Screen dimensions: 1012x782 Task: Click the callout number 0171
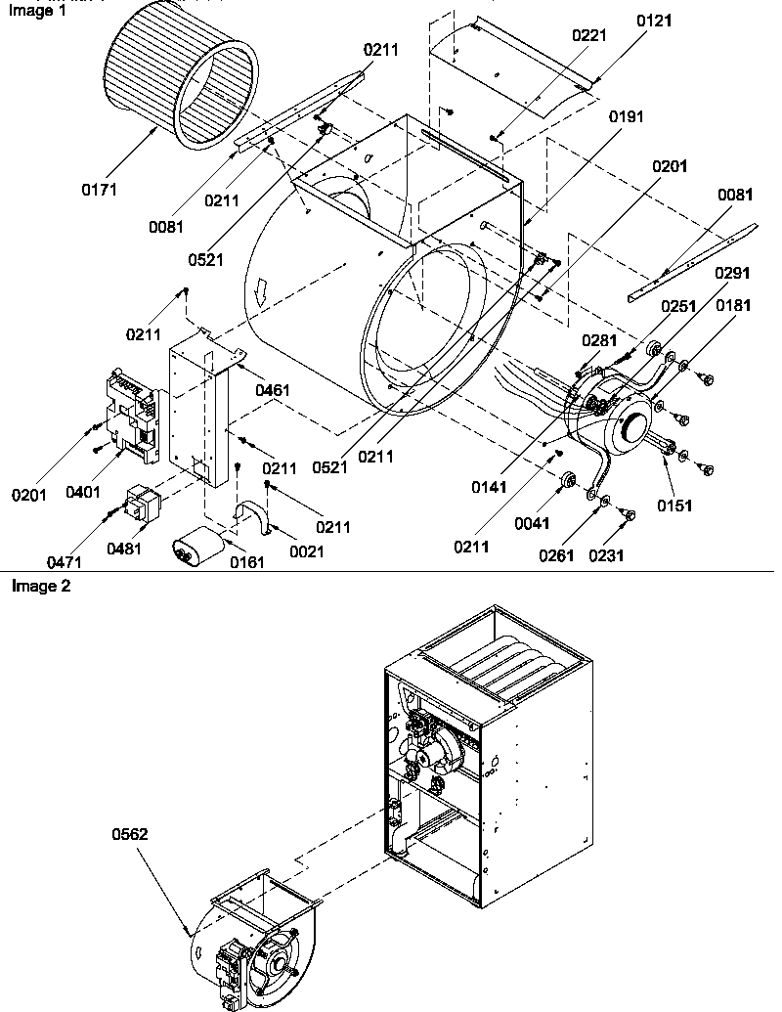coord(99,190)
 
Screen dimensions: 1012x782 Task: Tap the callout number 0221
coord(589,35)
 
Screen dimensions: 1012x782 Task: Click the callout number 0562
coord(130,834)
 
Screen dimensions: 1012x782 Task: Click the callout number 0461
coord(272,390)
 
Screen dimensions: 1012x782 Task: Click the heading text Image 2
coord(40,587)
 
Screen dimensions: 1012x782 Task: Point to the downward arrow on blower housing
coord(262,290)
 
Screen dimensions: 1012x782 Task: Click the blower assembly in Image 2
coord(254,939)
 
